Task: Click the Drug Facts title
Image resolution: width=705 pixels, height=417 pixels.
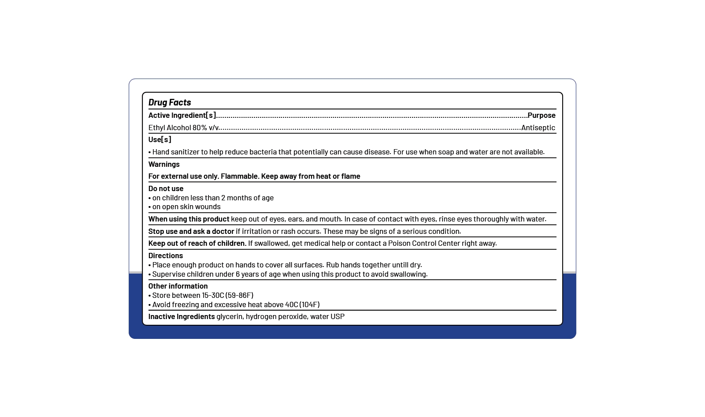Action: [170, 102]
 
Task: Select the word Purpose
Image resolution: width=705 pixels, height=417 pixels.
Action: [542, 115]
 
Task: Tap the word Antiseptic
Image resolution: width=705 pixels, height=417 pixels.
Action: [538, 128]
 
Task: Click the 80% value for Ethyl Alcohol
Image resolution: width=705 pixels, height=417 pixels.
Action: [200, 128]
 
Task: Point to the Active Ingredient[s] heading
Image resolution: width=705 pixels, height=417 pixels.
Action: [182, 115]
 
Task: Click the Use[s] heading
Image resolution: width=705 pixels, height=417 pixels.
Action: [160, 139]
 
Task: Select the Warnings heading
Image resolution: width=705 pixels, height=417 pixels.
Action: [164, 164]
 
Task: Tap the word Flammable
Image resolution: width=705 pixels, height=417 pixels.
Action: [239, 176]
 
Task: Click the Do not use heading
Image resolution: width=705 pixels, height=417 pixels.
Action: [166, 188]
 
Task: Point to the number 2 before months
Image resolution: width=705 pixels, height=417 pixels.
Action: [223, 198]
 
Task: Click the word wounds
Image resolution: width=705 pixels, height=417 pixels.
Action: [208, 207]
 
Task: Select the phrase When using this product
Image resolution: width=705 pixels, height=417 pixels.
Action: [189, 219]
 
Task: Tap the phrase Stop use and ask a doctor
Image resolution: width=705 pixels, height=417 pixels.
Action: [191, 231]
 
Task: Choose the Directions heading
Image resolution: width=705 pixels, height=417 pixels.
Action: [165, 255]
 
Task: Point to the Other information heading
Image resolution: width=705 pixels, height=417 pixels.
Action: [178, 286]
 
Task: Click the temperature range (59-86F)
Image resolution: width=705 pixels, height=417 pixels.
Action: [239, 295]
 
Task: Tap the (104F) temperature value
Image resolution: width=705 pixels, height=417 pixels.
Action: [309, 304]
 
